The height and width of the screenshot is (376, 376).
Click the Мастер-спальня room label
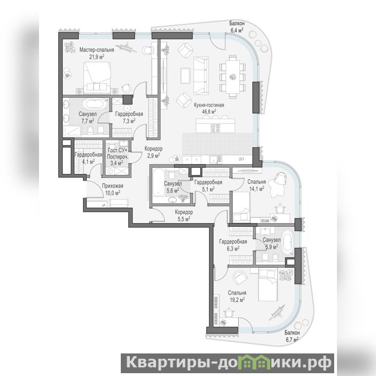(x=97, y=50)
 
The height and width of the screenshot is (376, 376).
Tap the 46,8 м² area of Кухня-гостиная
(x=209, y=111)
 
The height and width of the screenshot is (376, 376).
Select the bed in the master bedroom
(x=97, y=76)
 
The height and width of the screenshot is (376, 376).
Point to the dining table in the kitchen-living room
(x=233, y=77)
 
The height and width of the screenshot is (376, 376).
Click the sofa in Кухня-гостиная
(x=201, y=76)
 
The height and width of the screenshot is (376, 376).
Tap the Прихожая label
(x=113, y=186)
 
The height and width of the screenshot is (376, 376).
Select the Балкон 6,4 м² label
(x=237, y=26)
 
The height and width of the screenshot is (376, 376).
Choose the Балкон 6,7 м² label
(x=292, y=336)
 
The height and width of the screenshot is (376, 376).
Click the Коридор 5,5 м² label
(x=184, y=215)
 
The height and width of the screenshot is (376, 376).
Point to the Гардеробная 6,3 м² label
(x=233, y=245)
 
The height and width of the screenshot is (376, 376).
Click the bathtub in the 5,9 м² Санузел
(x=287, y=243)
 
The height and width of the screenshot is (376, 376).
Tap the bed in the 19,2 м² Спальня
(x=268, y=285)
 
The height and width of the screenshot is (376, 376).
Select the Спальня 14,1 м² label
(x=257, y=185)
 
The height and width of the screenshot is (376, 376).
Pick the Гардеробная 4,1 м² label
(x=88, y=158)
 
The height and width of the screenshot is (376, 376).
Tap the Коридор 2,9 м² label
(x=154, y=152)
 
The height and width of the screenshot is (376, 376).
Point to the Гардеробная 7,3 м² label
(x=129, y=117)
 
